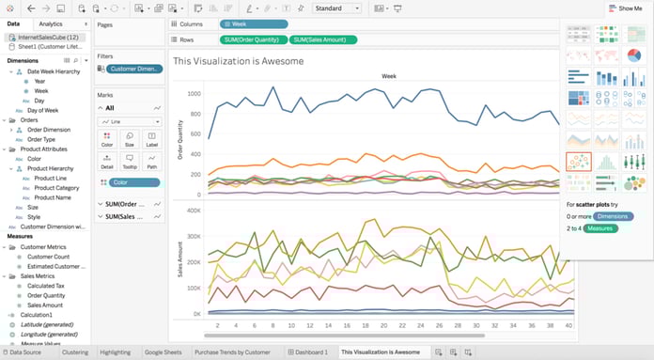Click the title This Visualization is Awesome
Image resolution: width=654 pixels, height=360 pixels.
click(x=239, y=61)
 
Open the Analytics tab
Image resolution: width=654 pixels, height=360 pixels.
click(x=51, y=23)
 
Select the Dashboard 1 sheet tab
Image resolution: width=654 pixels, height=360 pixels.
click(x=308, y=352)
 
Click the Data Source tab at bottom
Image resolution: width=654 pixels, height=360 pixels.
click(x=24, y=352)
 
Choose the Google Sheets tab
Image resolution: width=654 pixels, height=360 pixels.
click(x=163, y=352)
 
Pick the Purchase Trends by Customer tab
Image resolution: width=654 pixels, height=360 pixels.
click(x=232, y=352)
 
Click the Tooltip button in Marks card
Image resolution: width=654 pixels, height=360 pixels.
click(x=130, y=162)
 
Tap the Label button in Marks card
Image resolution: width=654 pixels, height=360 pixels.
click(x=151, y=140)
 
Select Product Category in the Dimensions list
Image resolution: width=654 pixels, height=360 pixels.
click(x=56, y=188)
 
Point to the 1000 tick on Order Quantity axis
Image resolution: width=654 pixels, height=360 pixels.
click(x=195, y=94)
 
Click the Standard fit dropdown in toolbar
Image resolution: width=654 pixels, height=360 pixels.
click(x=337, y=8)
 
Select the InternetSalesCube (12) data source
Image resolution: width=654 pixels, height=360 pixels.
click(x=47, y=36)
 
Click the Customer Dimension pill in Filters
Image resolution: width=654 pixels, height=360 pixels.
click(x=135, y=70)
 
